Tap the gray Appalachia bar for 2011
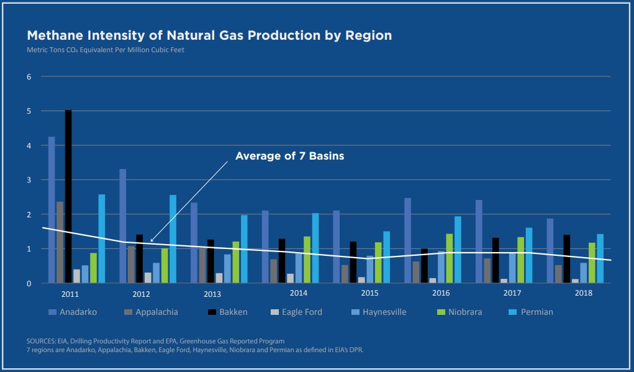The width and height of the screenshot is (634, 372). [60, 242]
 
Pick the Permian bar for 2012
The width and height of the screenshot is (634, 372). [173, 239]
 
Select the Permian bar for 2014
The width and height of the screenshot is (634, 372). [315, 248]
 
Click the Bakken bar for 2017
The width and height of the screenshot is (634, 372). [496, 260]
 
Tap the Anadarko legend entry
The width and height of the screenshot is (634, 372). [74, 312]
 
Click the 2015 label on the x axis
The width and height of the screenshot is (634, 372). [370, 293]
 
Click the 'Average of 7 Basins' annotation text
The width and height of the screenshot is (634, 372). [289, 156]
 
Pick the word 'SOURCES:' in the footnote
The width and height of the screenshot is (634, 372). [42, 341]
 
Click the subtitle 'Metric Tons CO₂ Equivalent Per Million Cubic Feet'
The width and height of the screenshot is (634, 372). [105, 50]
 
